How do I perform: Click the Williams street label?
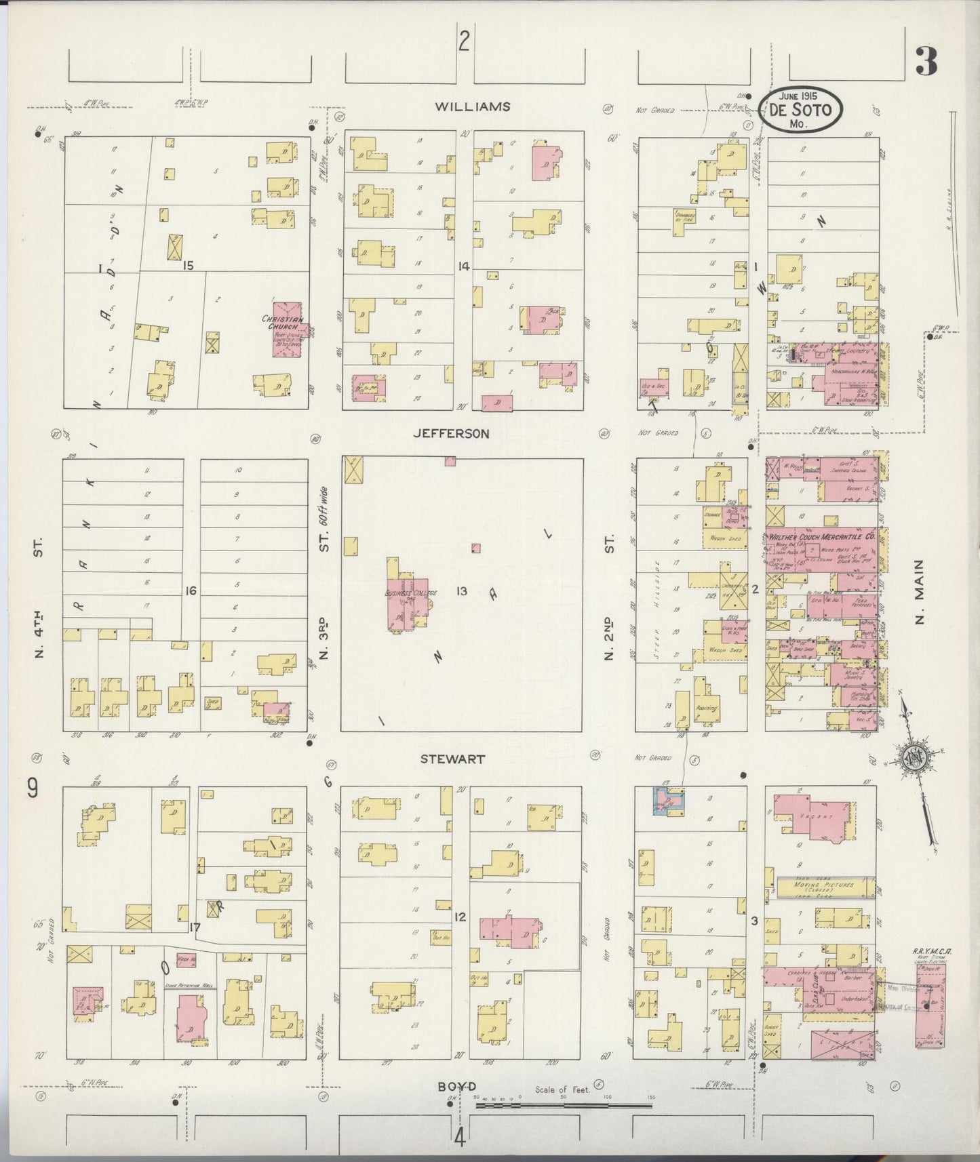tap(472, 107)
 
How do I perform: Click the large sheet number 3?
tap(926, 61)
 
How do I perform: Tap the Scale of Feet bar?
tap(563, 1105)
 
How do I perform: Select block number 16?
tap(191, 591)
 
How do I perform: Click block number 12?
tap(460, 917)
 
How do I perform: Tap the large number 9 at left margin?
tap(32, 788)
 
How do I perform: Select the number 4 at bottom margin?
tap(460, 1138)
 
